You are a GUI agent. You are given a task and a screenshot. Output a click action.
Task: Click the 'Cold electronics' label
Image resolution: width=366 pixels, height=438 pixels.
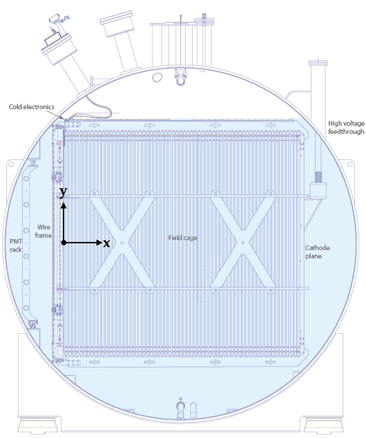pos(32,107)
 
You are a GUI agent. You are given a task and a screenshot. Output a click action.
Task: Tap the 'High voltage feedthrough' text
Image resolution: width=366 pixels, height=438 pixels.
pos(346,127)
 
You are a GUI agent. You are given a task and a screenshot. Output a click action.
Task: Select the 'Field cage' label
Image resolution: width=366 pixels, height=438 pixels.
pos(183,238)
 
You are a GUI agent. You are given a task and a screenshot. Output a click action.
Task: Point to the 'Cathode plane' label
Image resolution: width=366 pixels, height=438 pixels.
pos(317,252)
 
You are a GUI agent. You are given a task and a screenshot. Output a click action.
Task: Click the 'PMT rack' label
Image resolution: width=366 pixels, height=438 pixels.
pos(16,246)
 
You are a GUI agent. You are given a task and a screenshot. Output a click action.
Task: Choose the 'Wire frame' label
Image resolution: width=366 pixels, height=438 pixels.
pos(43,231)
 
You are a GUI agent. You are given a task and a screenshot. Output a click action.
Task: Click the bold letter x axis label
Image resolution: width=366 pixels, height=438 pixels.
pos(106,243)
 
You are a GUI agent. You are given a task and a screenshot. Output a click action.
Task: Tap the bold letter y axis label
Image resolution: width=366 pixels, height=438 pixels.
pos(63,192)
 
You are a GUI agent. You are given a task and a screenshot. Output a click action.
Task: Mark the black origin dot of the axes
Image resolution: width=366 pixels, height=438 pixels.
pos(64,243)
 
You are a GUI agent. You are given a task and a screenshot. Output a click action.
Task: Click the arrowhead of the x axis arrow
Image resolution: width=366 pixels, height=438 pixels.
pos(99,243)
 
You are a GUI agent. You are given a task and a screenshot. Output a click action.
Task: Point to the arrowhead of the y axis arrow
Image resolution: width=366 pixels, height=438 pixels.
pos(64,205)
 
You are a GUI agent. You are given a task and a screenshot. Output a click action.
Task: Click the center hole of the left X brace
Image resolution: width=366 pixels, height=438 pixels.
pos(122,243)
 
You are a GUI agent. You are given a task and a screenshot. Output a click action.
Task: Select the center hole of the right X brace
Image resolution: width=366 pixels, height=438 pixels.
pos(243,243)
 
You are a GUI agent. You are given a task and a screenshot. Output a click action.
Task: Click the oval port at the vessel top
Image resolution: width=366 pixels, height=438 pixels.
pos(157,77)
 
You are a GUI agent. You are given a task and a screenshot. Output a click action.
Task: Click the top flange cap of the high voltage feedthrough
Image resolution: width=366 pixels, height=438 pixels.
pos(318,63)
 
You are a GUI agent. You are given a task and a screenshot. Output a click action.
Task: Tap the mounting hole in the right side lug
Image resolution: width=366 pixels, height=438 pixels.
pos(350,164)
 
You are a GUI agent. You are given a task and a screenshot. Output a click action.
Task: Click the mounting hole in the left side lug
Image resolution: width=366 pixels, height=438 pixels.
pos(11,164)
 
